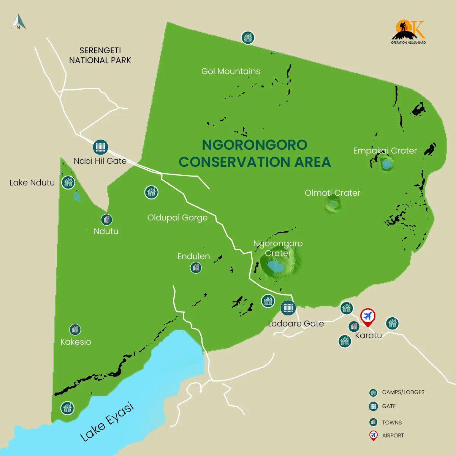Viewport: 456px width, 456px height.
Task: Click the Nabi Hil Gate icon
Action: (100, 147)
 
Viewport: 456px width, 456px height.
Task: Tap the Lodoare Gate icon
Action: (288, 308)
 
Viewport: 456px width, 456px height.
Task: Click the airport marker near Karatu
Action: (367, 317)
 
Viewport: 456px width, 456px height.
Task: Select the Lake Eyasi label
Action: (107, 422)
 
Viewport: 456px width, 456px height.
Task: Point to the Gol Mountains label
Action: (231, 71)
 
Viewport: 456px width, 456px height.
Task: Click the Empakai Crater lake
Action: (387, 164)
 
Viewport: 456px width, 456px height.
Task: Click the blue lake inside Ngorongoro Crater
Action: (275, 267)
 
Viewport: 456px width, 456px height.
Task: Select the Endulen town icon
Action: (196, 268)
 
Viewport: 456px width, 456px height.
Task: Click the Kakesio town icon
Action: (75, 329)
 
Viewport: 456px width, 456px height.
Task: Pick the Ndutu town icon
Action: (106, 220)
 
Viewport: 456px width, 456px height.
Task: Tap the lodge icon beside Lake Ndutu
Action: (68, 182)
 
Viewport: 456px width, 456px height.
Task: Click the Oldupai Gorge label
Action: (177, 218)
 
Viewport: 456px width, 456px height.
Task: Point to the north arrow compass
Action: (18, 22)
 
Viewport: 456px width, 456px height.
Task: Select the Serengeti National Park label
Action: (100, 55)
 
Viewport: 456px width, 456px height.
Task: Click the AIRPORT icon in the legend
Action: (374, 435)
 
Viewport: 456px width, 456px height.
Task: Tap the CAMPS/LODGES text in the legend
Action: (403, 392)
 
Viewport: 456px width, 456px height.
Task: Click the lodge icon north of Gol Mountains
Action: (248, 37)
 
